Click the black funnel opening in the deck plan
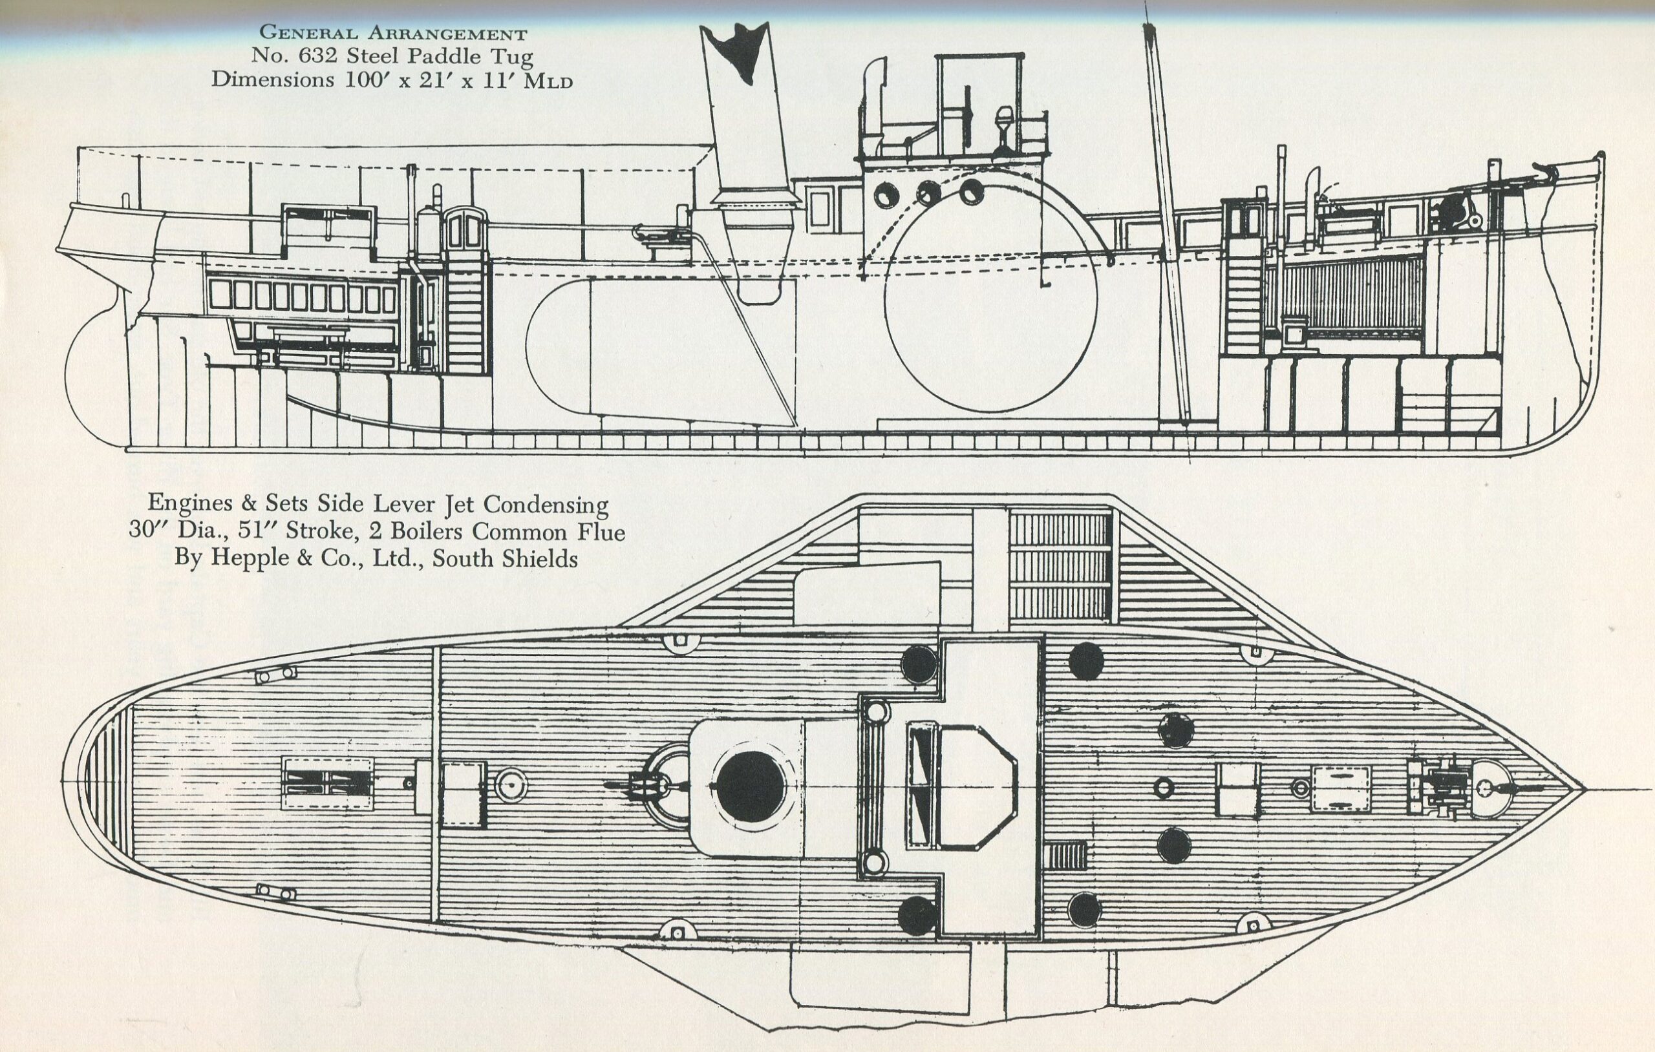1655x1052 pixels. pyautogui.click(x=750, y=786)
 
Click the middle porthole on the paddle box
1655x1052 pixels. pyautogui.click(x=928, y=193)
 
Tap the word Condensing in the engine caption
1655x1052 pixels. pyautogui.click(x=546, y=505)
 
